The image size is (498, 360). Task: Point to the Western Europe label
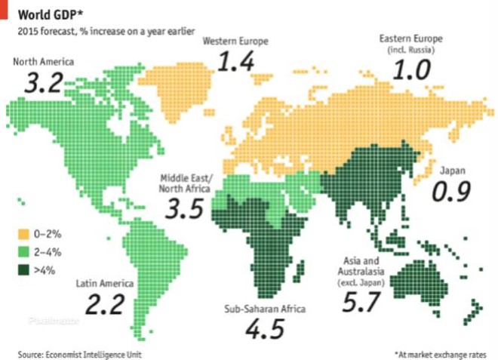point(235,41)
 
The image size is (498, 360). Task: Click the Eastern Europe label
point(411,39)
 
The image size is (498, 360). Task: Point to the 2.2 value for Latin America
point(105,306)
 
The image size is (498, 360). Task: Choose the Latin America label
point(105,284)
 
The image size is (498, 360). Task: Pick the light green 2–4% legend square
point(24,250)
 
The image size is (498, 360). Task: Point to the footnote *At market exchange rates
point(439,353)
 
